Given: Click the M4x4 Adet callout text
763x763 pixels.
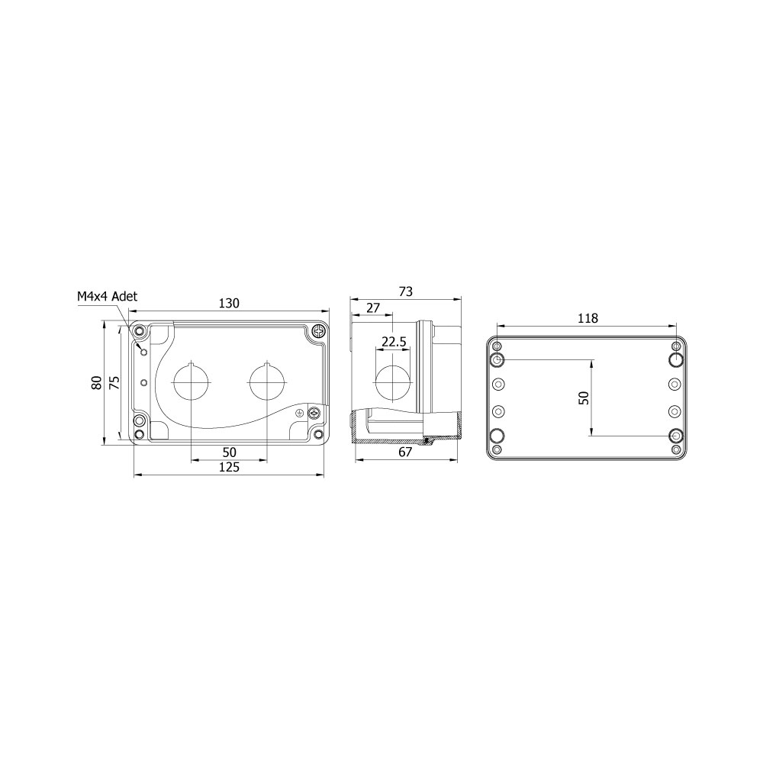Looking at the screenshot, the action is [x=107, y=296].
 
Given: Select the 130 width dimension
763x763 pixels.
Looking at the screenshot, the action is [x=229, y=303].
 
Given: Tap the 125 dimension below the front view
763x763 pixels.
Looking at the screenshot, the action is [x=229, y=467].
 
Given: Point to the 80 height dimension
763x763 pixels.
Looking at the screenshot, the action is [x=96, y=383].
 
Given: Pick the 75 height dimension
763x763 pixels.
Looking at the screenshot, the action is [x=114, y=383].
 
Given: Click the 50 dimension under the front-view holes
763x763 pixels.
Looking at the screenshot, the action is [x=229, y=452].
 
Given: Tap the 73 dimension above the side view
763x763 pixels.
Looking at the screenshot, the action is [x=405, y=291].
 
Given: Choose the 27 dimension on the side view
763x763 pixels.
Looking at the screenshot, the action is [x=373, y=307].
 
